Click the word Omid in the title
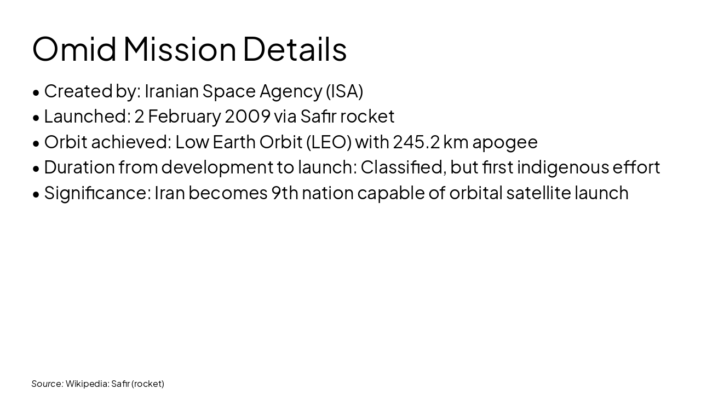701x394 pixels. [x=74, y=49]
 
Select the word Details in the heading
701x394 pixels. [x=295, y=49]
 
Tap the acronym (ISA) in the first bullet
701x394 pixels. [x=344, y=91]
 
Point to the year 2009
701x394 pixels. [x=248, y=116]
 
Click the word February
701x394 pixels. [x=184, y=116]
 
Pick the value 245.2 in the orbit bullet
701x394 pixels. [x=416, y=142]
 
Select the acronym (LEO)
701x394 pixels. [x=329, y=142]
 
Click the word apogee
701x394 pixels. [x=505, y=142]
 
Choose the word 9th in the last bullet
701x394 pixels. [x=285, y=193]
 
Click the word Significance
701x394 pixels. [x=97, y=193]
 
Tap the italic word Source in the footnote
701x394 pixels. [x=47, y=384]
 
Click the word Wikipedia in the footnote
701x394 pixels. [x=87, y=384]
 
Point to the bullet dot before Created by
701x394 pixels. [x=36, y=92]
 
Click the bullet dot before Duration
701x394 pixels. [x=36, y=169]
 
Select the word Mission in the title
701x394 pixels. [x=180, y=49]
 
